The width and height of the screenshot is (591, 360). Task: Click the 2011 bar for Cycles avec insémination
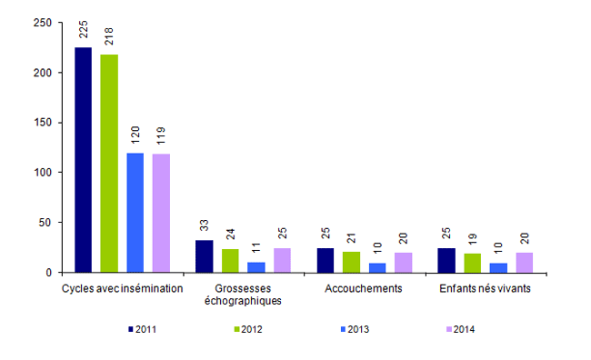coord(84,160)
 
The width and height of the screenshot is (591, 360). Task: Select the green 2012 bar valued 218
coord(109,164)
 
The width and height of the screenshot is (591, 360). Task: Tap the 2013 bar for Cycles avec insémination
coord(135,213)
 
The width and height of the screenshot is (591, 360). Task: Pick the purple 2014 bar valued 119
coord(160,213)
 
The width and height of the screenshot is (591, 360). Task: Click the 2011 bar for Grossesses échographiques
coord(204,256)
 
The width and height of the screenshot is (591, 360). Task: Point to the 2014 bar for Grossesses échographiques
coord(281,260)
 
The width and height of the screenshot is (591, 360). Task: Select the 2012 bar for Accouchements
coord(350,262)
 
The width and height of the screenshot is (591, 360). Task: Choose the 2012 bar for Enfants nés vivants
coord(471,263)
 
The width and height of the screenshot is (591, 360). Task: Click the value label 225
coord(84,31)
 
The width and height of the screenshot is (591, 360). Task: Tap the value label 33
coord(204,225)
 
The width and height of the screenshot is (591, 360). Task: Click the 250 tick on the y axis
coord(40,23)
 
